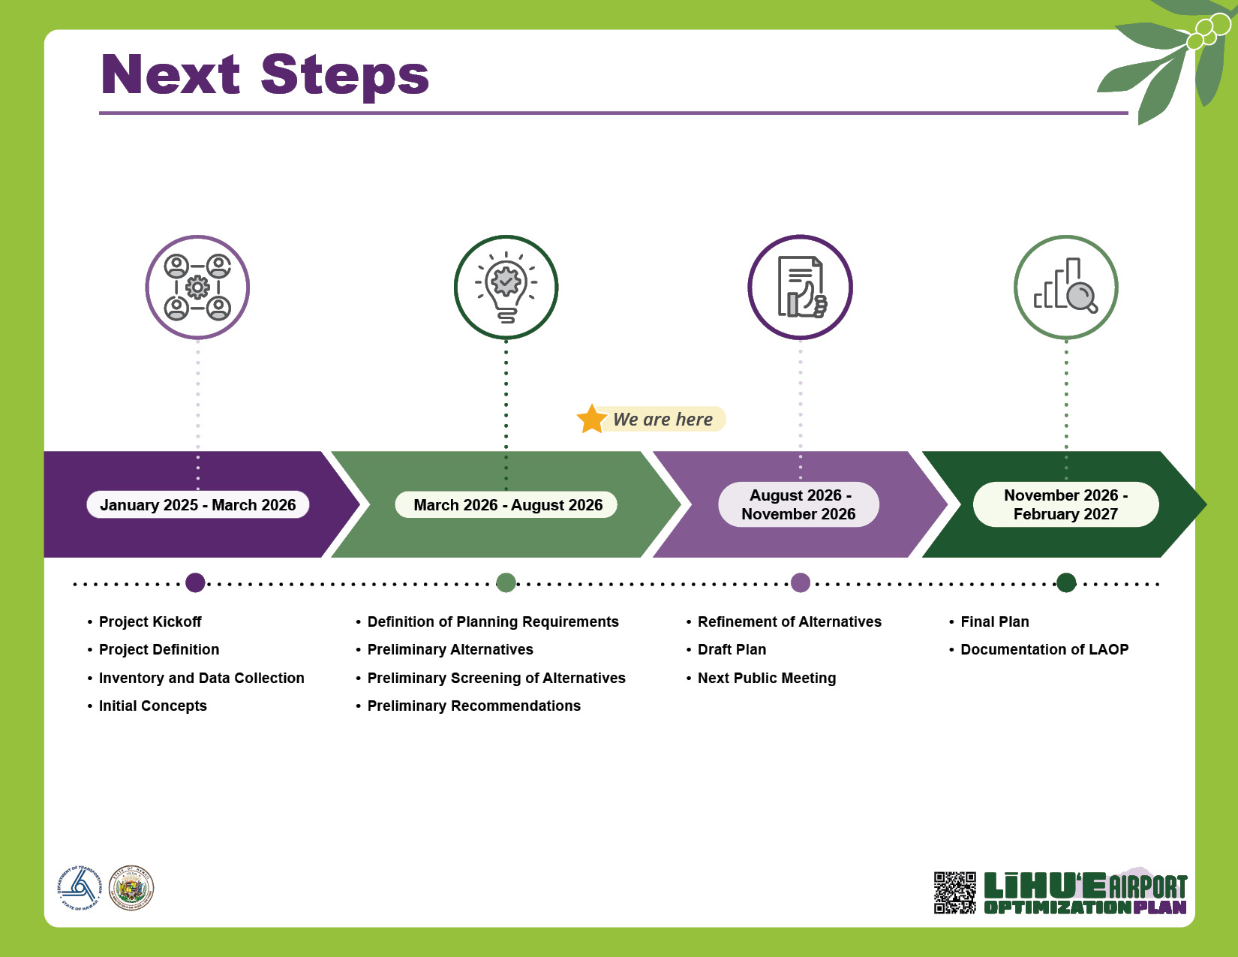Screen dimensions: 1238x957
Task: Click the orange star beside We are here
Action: (591, 420)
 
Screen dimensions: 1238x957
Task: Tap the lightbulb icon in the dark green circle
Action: (506, 287)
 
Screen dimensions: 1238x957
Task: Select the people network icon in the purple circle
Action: (197, 287)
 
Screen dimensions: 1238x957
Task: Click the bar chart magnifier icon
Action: (1066, 285)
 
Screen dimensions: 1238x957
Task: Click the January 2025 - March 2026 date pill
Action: (197, 505)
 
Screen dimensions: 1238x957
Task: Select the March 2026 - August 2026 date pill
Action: (506, 505)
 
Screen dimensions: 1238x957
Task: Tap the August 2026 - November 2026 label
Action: (799, 504)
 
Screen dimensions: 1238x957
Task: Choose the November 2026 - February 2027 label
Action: (1065, 504)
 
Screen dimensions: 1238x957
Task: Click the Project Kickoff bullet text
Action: (150, 621)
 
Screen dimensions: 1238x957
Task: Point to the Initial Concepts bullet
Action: (152, 706)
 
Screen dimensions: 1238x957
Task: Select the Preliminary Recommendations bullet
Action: (474, 706)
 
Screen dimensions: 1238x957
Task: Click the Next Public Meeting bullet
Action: (767, 679)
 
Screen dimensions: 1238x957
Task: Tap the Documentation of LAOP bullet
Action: (1044, 650)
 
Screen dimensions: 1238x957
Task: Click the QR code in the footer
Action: (955, 892)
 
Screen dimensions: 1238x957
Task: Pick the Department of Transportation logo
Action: (80, 888)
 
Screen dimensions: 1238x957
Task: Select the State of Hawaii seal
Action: (131, 888)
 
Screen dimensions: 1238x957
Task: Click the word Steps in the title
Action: (344, 76)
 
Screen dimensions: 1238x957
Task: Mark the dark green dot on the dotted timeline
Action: (1066, 583)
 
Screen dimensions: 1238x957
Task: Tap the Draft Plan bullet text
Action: (732, 650)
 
